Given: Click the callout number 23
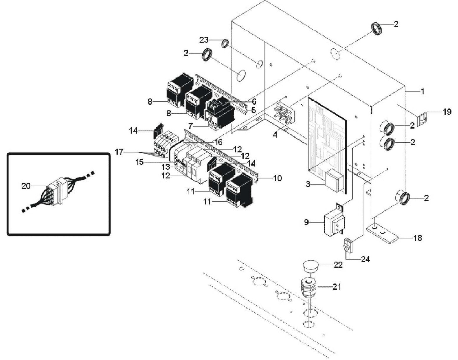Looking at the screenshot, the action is coord(204,40).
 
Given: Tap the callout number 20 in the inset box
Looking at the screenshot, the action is coord(26,186).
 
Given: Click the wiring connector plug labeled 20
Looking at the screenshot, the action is coord(57,191).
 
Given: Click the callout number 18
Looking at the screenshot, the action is coord(418,238).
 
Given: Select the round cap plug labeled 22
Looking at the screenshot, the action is coord(311,267).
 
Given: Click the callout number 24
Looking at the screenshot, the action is coord(365,259).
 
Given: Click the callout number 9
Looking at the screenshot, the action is coord(306,222).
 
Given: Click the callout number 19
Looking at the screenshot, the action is coord(447,112).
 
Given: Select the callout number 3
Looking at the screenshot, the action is coord(308,184).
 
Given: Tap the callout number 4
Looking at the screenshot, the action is coord(275,135).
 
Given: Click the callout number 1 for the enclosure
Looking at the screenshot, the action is coord(422,92).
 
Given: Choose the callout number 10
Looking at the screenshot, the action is coord(277,178).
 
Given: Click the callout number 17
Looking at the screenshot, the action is coord(119,152).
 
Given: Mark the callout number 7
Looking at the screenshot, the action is coord(190,126).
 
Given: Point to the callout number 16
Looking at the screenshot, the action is coord(219,142).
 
